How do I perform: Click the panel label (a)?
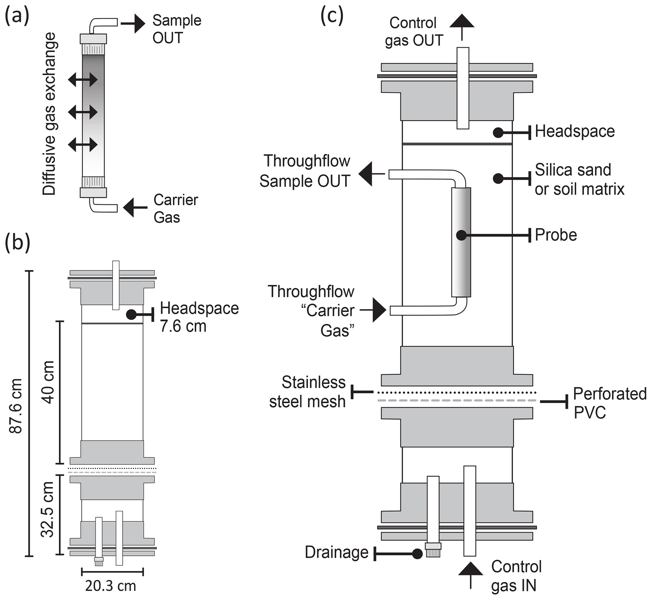tap(17, 16)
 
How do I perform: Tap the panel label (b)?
tap(17, 243)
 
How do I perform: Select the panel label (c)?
tap(332, 16)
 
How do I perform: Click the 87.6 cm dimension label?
tap(15, 406)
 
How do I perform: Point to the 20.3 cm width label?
tap(111, 586)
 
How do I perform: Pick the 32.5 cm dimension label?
tap(47, 510)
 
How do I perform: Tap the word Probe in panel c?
tap(555, 235)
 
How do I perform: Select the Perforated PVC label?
tap(609, 403)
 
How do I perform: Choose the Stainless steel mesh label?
tap(307, 392)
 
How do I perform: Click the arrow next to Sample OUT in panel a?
tap(133, 23)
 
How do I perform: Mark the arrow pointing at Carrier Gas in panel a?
tap(135, 207)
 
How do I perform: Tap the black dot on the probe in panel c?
tap(461, 235)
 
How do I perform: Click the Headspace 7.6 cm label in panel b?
tap(199, 317)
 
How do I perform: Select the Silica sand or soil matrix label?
tap(579, 179)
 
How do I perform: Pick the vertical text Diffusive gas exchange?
tap(49, 114)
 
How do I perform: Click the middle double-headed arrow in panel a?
tap(83, 112)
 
